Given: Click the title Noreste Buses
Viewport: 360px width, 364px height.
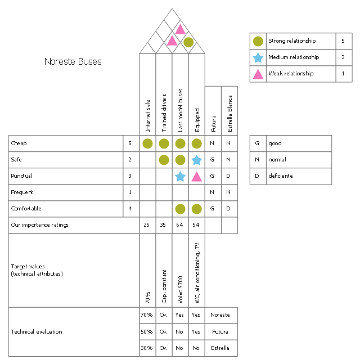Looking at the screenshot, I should [x=73, y=62].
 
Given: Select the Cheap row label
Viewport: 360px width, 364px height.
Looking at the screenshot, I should [x=19, y=143].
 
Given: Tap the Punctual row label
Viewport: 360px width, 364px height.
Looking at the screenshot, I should [x=22, y=176].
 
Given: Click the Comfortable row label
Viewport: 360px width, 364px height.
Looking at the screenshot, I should [x=26, y=209].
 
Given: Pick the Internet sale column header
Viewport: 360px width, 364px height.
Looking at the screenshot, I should [x=147, y=115].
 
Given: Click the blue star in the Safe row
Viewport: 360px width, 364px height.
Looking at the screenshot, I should [x=196, y=160].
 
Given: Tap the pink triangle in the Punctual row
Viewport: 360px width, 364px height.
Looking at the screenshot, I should [x=196, y=176].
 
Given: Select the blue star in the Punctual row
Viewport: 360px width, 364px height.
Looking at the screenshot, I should [x=180, y=176].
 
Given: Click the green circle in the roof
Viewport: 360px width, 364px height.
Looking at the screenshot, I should [x=188, y=42].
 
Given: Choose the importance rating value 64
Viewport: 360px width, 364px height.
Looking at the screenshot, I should [x=180, y=225].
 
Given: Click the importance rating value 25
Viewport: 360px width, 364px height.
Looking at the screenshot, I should [x=147, y=225].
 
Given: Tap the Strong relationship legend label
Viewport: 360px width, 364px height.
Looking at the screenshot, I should [x=292, y=41].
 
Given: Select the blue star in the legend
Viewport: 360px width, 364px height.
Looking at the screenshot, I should [x=258, y=57].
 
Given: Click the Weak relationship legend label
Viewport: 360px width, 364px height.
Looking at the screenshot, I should [x=291, y=74].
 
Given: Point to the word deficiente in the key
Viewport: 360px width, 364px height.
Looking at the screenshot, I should [x=280, y=176].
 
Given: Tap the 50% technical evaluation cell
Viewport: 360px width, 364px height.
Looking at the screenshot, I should [x=146, y=332].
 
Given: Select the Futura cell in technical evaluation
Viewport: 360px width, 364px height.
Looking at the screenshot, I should [x=220, y=332].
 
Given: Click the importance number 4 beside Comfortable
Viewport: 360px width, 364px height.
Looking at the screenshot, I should [x=130, y=209].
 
